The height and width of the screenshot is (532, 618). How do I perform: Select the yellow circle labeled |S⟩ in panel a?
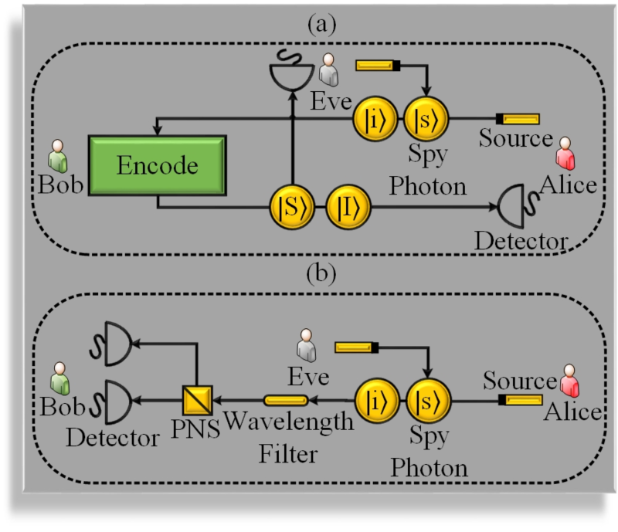click(291, 208)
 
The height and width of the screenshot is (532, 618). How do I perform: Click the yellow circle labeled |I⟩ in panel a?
click(348, 208)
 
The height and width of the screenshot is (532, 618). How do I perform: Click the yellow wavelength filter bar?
click(286, 400)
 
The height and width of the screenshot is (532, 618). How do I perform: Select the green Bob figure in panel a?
click(56, 156)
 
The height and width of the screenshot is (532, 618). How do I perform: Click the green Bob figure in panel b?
click(56, 378)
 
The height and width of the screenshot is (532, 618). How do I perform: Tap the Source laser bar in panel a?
click(518, 119)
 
